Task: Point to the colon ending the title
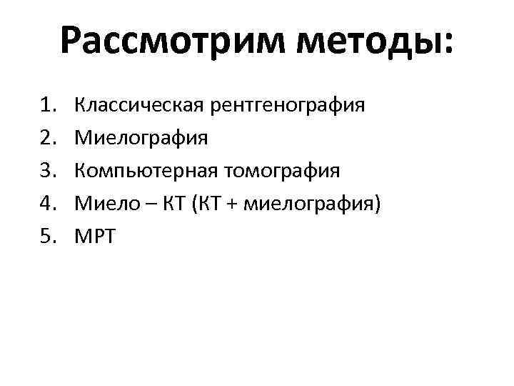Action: pyautogui.click(x=446, y=44)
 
